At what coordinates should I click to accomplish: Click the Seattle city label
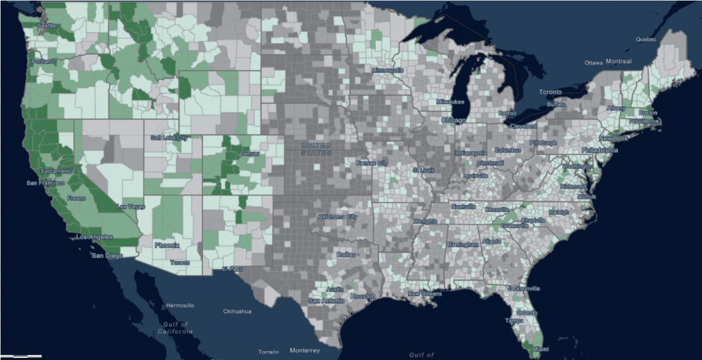(x=46, y=26)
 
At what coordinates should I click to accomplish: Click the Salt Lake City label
(x=169, y=138)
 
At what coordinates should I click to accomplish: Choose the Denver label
(x=250, y=154)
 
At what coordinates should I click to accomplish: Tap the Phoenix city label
(x=167, y=245)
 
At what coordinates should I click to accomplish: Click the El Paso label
(x=233, y=268)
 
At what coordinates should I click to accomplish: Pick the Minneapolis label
(x=387, y=71)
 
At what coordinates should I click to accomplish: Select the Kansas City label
(x=372, y=163)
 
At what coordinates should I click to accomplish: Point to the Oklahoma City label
(x=337, y=217)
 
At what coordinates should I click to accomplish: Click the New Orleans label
(x=423, y=294)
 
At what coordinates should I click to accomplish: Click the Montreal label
(x=617, y=61)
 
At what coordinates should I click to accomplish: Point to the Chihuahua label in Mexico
(x=237, y=311)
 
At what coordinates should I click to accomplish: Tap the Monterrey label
(x=305, y=350)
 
